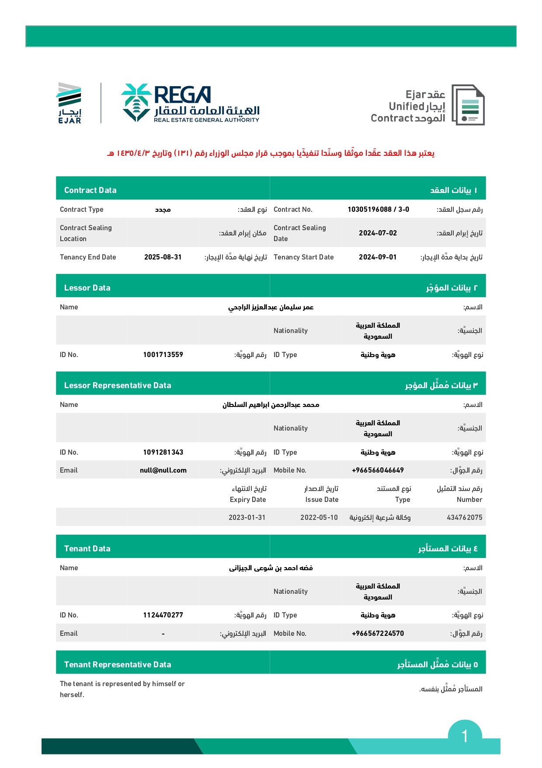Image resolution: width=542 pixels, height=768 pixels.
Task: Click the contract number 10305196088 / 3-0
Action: tap(378, 210)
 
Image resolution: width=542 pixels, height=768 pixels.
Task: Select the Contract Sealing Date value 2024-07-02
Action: tap(378, 233)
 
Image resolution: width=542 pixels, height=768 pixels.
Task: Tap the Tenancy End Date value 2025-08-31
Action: tap(163, 257)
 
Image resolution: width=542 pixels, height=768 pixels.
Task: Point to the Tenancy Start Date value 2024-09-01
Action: tap(378, 257)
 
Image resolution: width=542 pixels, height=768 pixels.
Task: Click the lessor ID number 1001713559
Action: tap(163, 355)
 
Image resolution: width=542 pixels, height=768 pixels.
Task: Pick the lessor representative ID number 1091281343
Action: tap(163, 452)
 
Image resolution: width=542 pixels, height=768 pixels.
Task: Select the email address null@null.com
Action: tap(163, 470)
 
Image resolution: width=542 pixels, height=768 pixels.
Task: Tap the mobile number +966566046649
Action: tap(378, 470)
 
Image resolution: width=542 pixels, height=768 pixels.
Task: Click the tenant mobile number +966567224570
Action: tap(378, 634)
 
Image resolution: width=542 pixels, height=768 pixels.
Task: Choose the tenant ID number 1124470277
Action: tap(163, 615)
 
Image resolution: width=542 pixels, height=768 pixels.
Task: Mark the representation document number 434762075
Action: tap(464, 518)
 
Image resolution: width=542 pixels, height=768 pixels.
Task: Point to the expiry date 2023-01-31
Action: tap(247, 518)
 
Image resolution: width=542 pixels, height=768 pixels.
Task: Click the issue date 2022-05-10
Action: tap(319, 518)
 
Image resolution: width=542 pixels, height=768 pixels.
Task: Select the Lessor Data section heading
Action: tap(87, 288)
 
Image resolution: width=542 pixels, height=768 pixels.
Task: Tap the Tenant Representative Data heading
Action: tap(118, 665)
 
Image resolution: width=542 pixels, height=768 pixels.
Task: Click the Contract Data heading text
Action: tap(90, 190)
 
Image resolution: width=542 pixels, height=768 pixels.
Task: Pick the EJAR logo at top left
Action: tap(69, 103)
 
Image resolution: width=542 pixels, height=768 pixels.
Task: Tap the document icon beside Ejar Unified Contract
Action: tap(468, 105)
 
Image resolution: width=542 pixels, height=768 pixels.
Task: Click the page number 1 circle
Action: tap(465, 736)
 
